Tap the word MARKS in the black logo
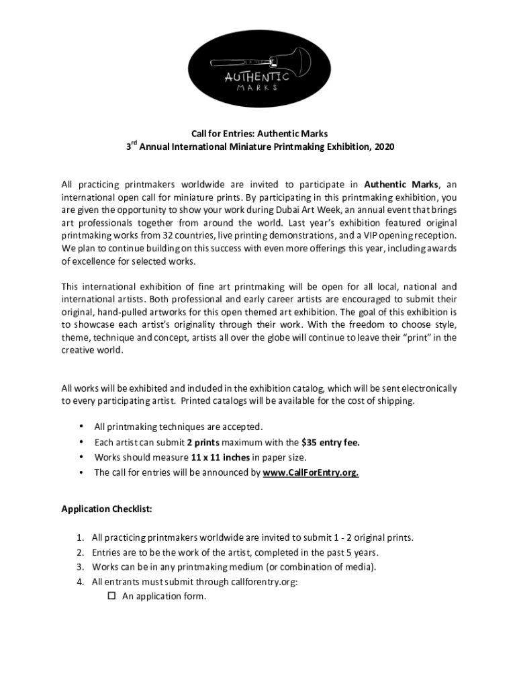pos(258,87)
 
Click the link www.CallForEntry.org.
pos(310,472)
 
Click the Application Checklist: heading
pos(107,509)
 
